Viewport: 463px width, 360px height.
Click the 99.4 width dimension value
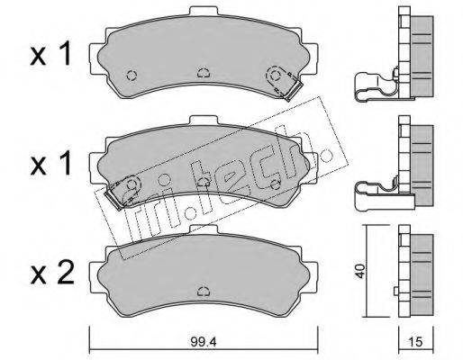[x=203, y=342]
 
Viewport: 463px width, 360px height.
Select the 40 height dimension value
[x=360, y=271]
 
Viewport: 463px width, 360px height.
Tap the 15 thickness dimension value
[x=415, y=342]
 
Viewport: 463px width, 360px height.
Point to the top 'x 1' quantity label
[x=50, y=54]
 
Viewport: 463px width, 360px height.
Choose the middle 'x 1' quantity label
[x=50, y=164]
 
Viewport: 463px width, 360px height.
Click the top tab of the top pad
[x=204, y=11]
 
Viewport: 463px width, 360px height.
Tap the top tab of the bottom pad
[x=204, y=229]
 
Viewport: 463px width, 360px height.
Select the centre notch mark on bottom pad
[x=204, y=291]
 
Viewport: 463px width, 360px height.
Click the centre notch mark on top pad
[x=204, y=73]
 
